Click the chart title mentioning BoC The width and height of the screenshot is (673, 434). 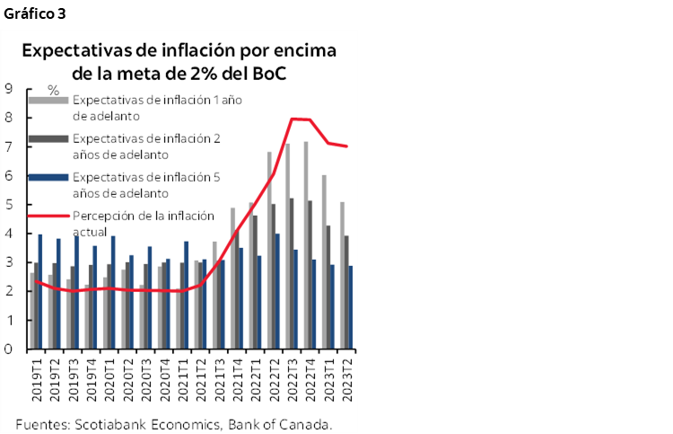click(179, 61)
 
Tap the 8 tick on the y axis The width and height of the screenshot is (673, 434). click(8, 118)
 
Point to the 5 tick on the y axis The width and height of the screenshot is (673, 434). click(8, 205)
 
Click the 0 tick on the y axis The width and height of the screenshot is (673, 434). click(8, 350)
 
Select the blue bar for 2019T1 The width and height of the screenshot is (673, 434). click(40, 291)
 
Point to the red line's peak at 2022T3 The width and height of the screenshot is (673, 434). click(293, 119)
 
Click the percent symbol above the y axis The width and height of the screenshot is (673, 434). click(53, 91)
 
